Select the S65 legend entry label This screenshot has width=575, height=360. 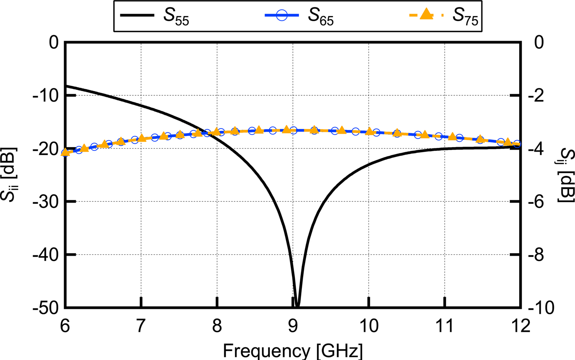pos(322,16)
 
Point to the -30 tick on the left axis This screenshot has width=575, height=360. pos(47,201)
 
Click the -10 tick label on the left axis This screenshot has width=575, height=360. pos(47,95)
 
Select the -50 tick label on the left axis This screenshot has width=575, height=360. pos(47,307)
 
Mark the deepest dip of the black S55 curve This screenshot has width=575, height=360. pos(297,305)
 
